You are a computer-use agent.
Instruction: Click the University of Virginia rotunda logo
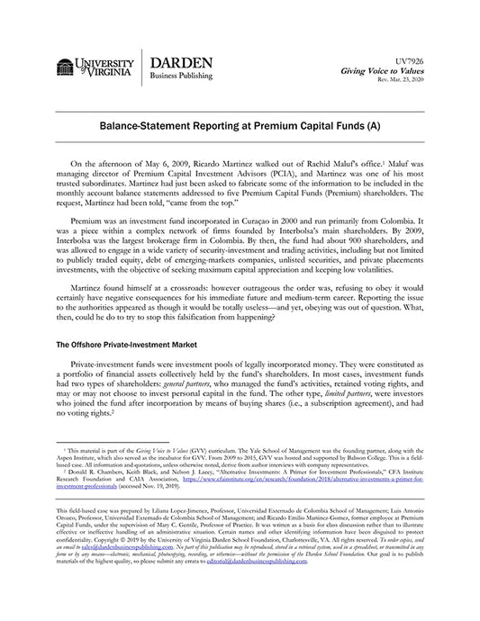pyautogui.click(x=65, y=68)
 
